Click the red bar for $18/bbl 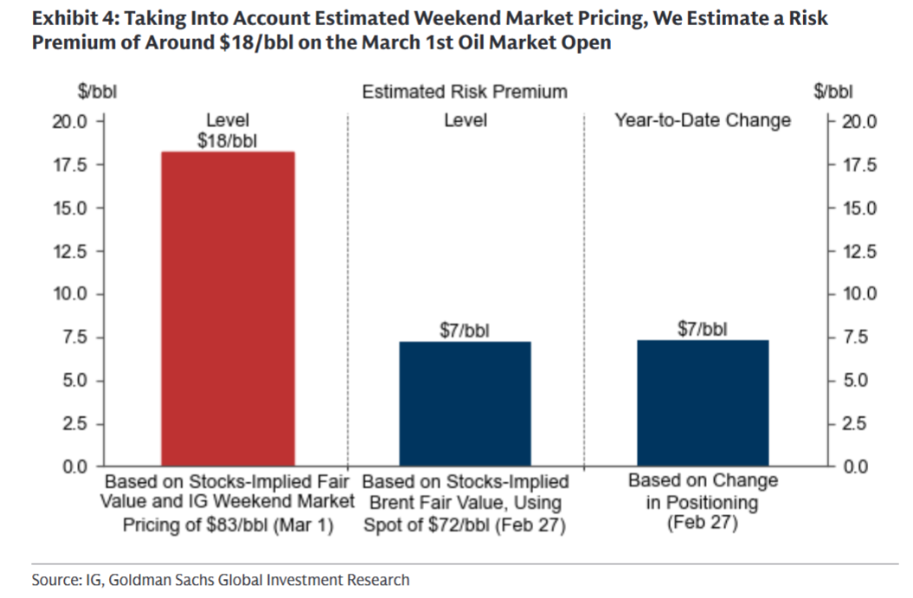click(228, 309)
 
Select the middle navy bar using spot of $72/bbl click(465, 404)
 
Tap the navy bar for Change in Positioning click(703, 403)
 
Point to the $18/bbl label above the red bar click(228, 140)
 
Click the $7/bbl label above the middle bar click(465, 331)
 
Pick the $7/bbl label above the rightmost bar click(703, 329)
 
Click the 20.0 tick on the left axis click(72, 121)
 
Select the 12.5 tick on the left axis click(72, 251)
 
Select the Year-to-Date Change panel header click(703, 120)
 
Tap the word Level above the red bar click(228, 120)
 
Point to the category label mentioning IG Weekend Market click(228, 501)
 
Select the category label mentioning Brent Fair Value click(465, 502)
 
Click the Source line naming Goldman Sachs click(221, 579)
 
